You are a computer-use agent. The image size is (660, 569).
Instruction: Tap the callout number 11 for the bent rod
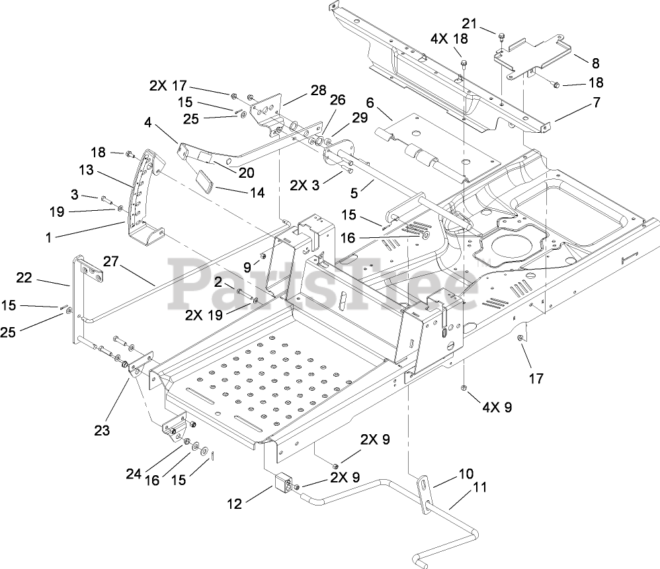tap(480, 489)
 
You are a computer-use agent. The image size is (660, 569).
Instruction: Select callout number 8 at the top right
tap(595, 63)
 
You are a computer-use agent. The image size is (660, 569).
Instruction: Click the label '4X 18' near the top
tap(449, 38)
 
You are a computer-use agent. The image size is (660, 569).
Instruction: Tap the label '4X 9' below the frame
tap(498, 408)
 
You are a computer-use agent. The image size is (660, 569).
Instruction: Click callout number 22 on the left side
tap(24, 278)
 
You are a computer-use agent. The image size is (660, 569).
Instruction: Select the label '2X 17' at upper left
tap(168, 85)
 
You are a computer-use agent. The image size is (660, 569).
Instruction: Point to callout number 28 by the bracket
tap(319, 89)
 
